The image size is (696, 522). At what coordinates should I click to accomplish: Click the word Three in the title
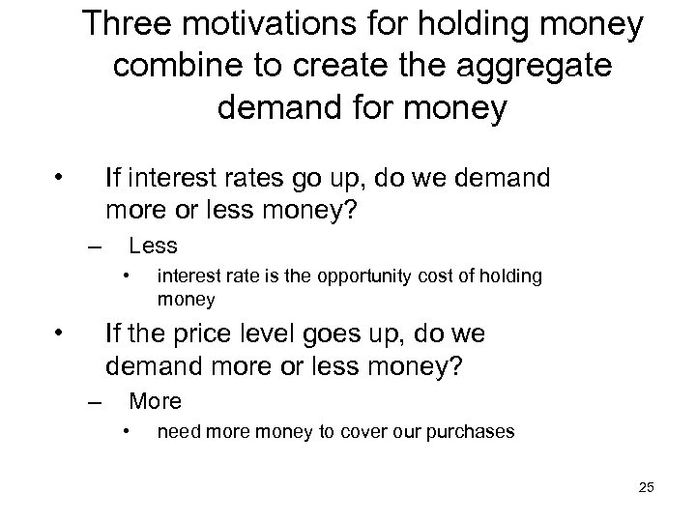click(130, 26)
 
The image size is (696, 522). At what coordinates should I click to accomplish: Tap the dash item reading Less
click(153, 245)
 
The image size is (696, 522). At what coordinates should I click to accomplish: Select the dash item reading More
click(155, 400)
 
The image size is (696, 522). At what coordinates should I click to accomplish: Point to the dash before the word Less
click(93, 246)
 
